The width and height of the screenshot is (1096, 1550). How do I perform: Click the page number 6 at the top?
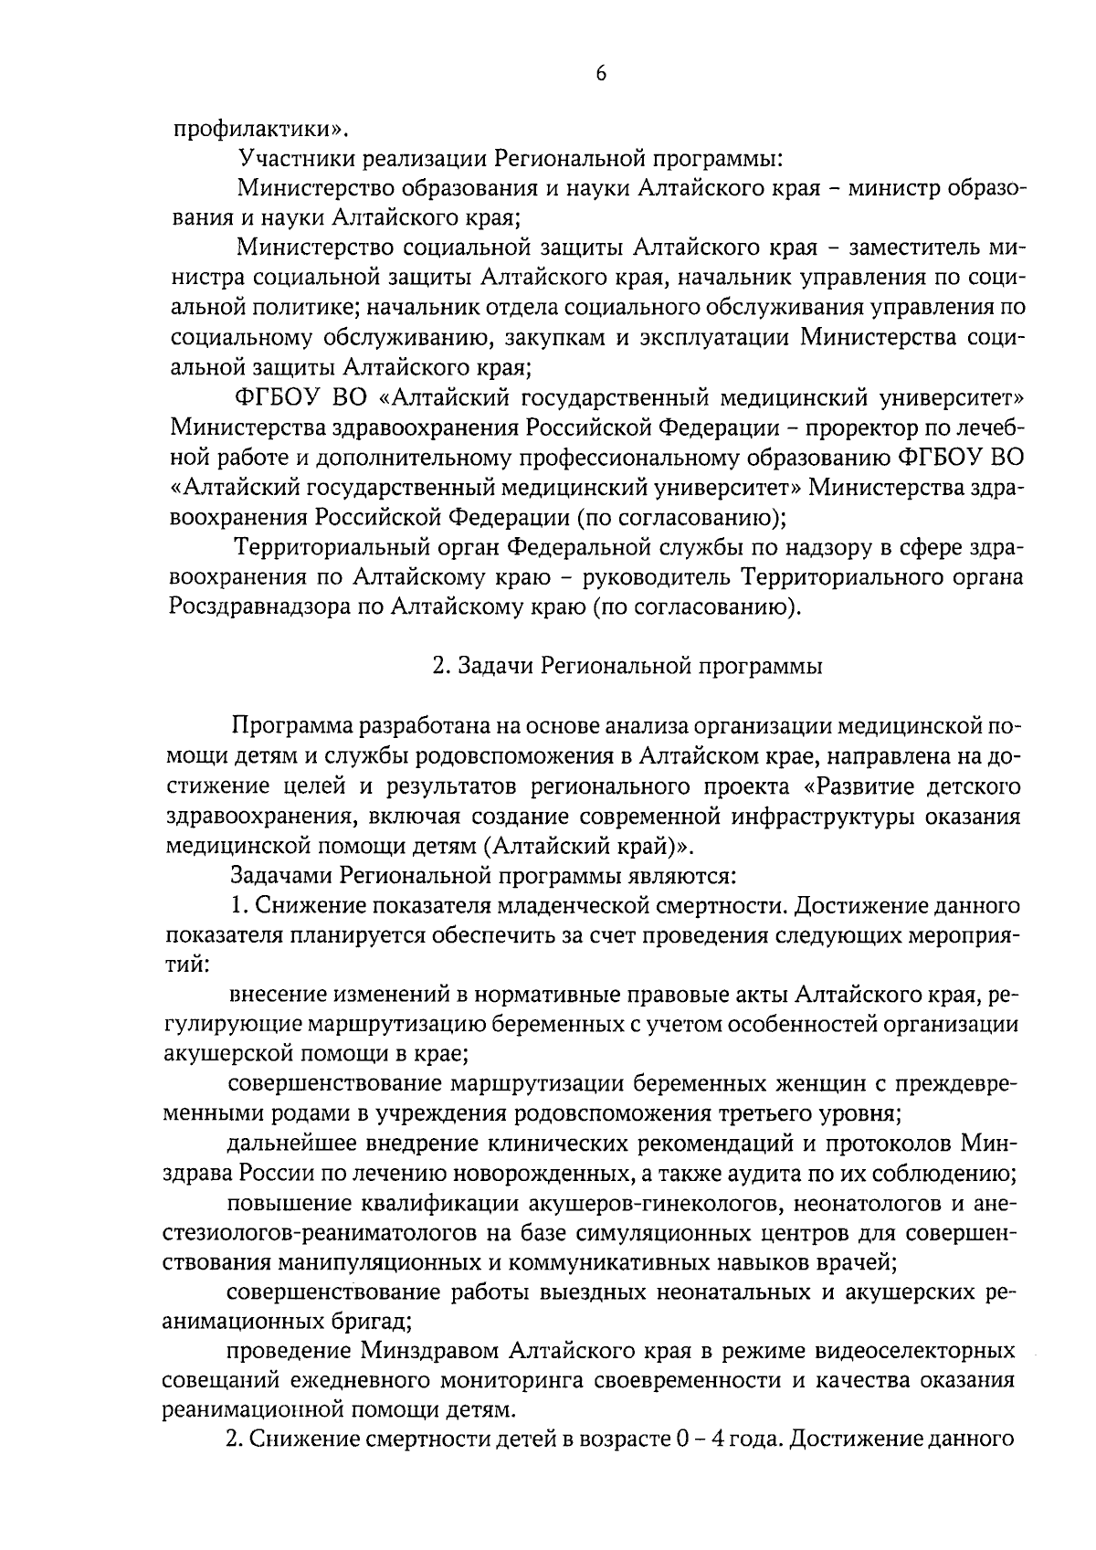coord(600,76)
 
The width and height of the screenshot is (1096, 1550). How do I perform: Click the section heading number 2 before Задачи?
coord(438,667)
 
